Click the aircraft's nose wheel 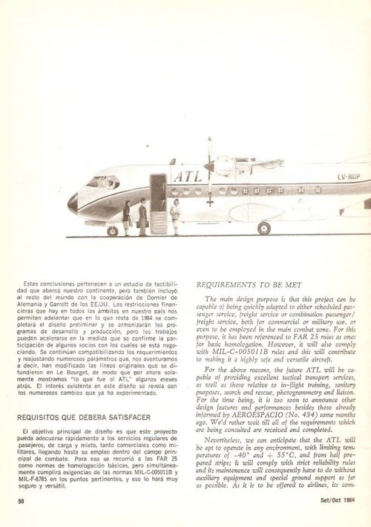(113, 231)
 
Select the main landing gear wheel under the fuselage (264, 228)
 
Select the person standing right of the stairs (175, 215)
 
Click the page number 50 (22, 501)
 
